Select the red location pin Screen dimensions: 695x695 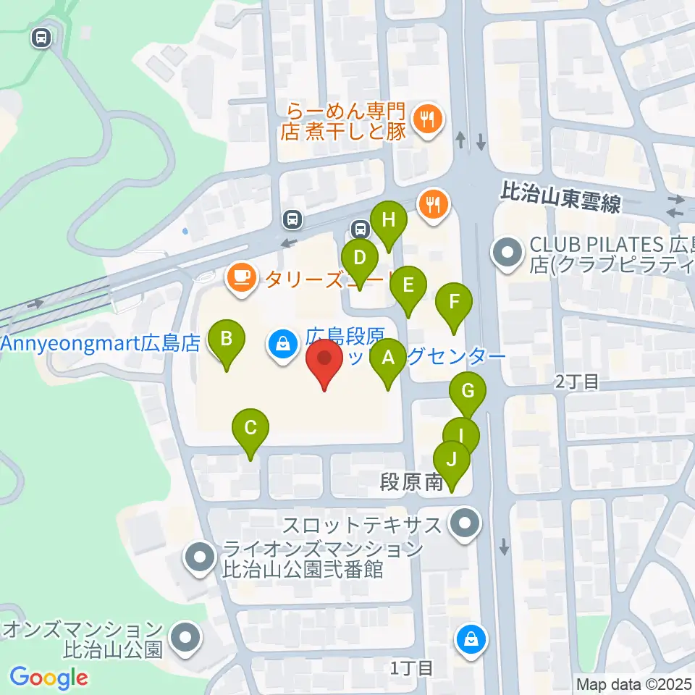pyautogui.click(x=325, y=361)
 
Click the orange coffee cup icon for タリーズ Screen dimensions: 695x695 pyautogui.click(x=240, y=277)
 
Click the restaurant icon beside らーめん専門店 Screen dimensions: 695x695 pyautogui.click(x=428, y=117)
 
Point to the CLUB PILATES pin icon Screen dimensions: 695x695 pyautogui.click(x=505, y=253)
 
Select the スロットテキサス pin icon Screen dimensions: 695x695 pyautogui.click(x=463, y=523)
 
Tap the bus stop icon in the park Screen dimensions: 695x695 pyautogui.click(x=41, y=38)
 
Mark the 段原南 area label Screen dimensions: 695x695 pyautogui.click(x=413, y=482)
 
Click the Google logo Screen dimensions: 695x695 pyautogui.click(x=49, y=678)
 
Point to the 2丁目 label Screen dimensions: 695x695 pyautogui.click(x=577, y=382)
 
